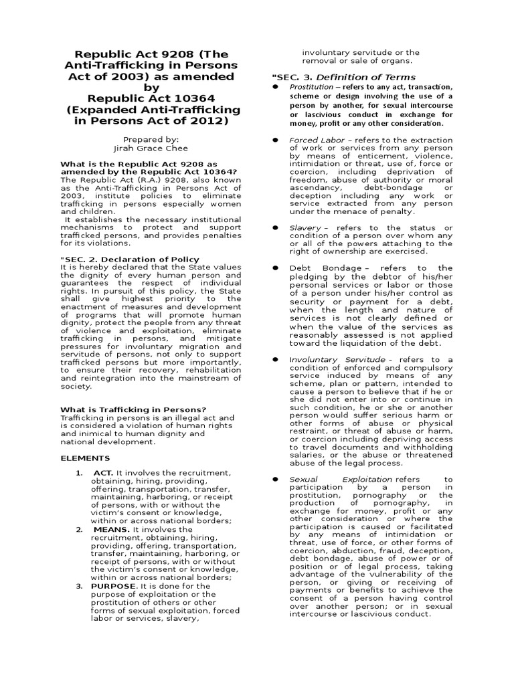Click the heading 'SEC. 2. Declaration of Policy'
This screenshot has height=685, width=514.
tap(130, 259)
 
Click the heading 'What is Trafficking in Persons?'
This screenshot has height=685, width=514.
tap(133, 409)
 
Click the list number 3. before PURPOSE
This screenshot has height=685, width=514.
tap(78, 585)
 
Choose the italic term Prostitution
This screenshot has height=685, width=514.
tap(311, 88)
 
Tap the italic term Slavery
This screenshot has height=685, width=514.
tap(305, 228)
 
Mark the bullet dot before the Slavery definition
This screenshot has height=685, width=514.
tap(275, 228)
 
